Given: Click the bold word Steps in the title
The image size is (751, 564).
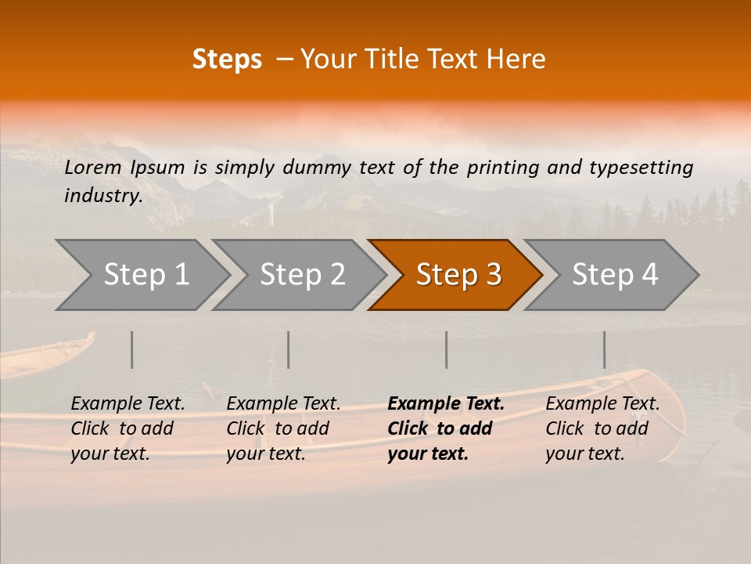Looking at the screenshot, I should [x=227, y=60].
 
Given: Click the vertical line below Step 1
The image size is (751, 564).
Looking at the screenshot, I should [x=132, y=349].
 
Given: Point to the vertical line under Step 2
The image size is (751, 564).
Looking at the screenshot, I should [x=289, y=349].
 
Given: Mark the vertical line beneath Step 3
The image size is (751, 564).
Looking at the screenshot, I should [x=447, y=349].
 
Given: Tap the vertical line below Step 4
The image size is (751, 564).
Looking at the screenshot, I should [x=604, y=349].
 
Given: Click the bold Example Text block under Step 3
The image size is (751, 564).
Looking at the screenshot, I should [x=446, y=428].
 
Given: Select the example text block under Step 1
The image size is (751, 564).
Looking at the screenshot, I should [x=128, y=428].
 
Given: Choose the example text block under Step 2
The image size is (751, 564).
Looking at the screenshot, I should [x=283, y=428].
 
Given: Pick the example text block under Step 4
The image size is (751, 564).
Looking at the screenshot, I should [x=602, y=428].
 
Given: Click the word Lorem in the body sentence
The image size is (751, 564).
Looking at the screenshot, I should [x=93, y=167].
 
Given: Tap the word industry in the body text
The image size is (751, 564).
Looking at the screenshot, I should [x=102, y=195].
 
